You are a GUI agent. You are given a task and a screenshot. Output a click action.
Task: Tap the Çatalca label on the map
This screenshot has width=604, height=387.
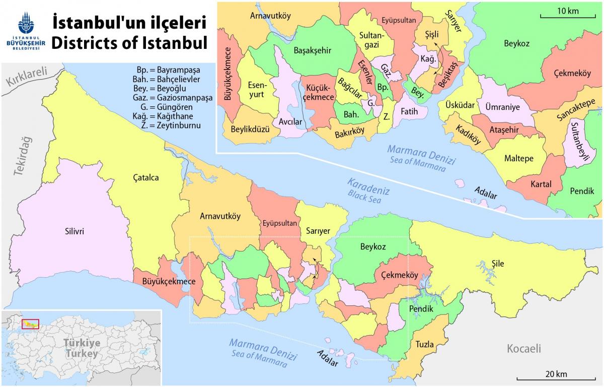click(x=145, y=178)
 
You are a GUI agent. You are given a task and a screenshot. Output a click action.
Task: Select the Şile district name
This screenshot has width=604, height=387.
click(x=497, y=263)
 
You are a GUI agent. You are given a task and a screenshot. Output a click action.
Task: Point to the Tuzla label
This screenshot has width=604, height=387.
click(x=424, y=345)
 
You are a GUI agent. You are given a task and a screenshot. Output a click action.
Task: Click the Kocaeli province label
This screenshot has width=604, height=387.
click(x=523, y=348)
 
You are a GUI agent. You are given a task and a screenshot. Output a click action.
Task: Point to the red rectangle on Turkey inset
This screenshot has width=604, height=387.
click(x=31, y=323)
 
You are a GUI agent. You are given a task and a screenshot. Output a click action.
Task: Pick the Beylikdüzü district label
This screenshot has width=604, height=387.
click(x=248, y=128)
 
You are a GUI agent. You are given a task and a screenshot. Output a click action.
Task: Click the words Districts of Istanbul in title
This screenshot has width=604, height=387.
click(x=129, y=42)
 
